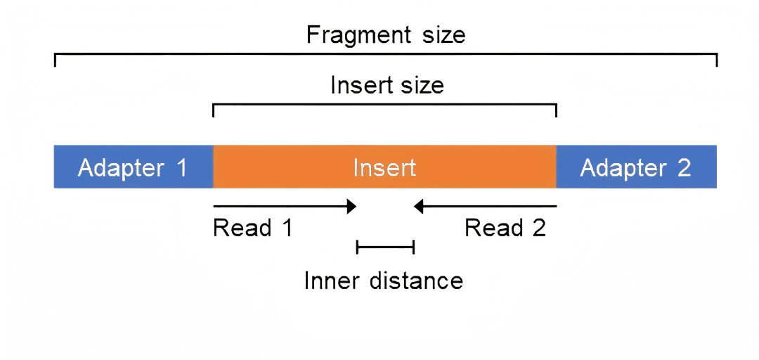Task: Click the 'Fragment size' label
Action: [x=386, y=34]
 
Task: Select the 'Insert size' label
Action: [x=387, y=85]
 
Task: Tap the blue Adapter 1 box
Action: [x=133, y=167]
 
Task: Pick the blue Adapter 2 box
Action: [x=636, y=167]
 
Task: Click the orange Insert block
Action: [x=384, y=167]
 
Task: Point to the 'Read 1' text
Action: [x=252, y=228]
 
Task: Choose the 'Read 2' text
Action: [x=505, y=228]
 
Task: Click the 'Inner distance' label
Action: [x=384, y=281]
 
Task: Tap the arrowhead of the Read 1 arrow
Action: [x=352, y=206]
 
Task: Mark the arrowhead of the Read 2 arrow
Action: [x=418, y=206]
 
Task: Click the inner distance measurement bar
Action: [x=385, y=246]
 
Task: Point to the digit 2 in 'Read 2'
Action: [x=538, y=228]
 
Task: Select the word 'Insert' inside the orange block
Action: [x=384, y=168]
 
